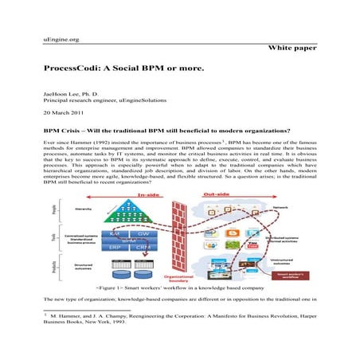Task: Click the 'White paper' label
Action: [x=292, y=49]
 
